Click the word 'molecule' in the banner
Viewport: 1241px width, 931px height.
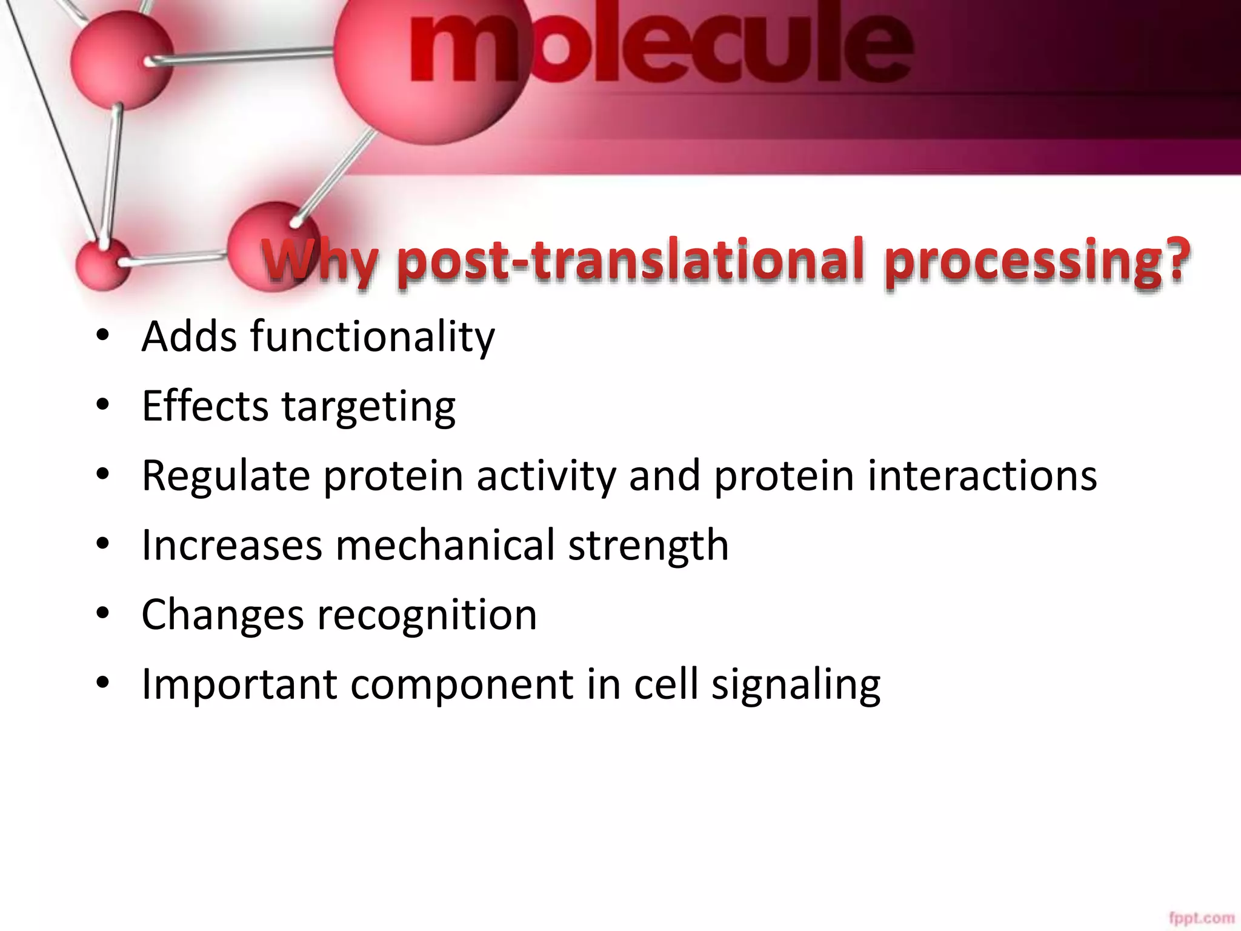click(660, 45)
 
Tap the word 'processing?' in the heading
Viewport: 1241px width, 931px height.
click(1037, 262)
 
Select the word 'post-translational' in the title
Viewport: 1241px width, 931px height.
click(630, 262)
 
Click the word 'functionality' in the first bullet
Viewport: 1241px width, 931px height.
click(373, 337)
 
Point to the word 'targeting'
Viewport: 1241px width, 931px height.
click(368, 407)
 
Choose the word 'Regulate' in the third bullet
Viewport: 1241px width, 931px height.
click(226, 476)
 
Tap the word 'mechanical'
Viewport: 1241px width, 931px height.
click(445, 545)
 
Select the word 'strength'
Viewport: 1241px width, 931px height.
click(648, 545)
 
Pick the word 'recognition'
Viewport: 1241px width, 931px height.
click(427, 615)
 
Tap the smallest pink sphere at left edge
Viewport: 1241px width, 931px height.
click(103, 264)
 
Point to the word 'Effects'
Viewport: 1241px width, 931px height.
click(205, 406)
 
